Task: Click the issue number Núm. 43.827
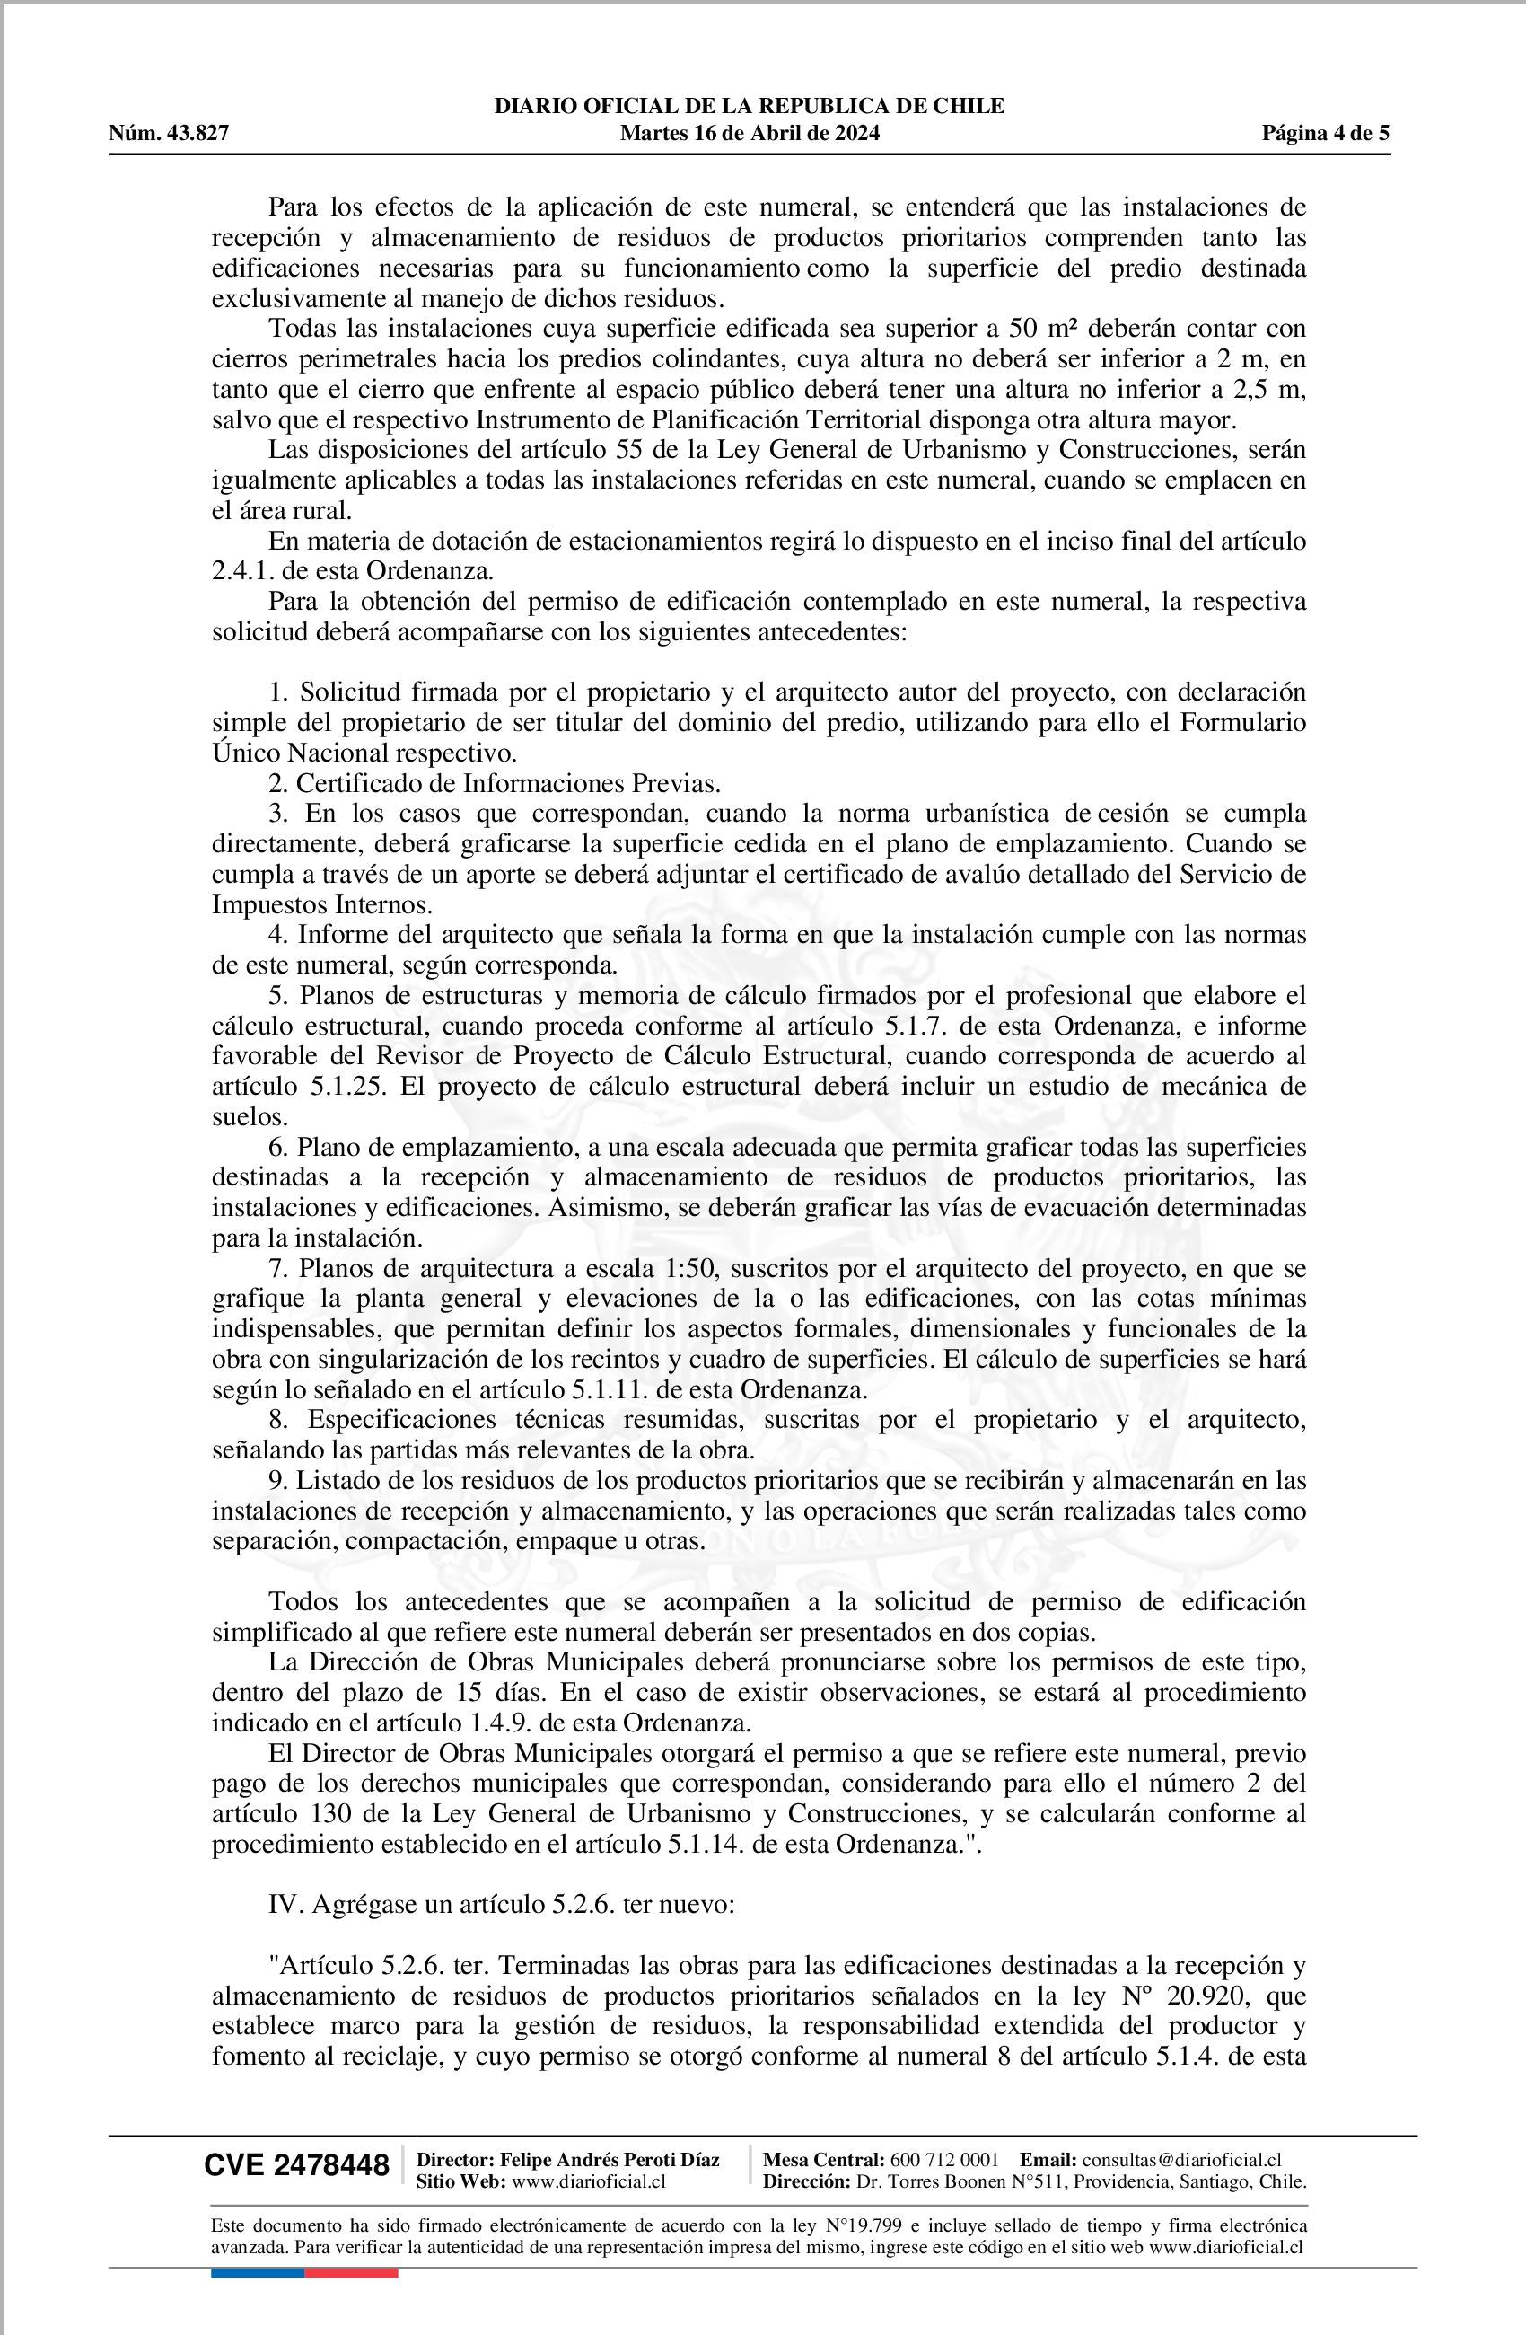[x=169, y=134]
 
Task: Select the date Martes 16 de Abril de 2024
[x=750, y=134]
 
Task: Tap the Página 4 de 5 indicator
[x=1325, y=134]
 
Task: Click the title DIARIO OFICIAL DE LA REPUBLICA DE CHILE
[x=750, y=106]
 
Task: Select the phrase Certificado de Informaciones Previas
[x=508, y=783]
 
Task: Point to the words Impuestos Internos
[x=321, y=904]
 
